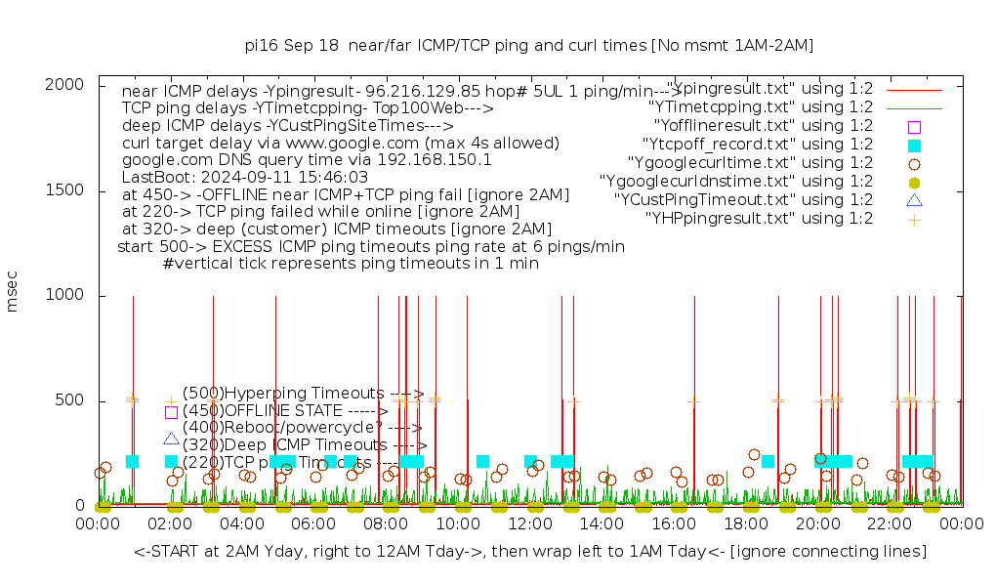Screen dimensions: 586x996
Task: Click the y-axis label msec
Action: [x=13, y=291]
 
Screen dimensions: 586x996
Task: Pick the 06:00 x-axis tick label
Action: [x=314, y=524]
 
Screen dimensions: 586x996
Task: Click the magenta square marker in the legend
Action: [x=914, y=126]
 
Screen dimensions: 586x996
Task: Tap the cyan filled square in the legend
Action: [x=914, y=145]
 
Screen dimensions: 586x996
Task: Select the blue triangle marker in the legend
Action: [x=914, y=200]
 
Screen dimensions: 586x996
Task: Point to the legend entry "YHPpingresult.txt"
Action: [x=760, y=219]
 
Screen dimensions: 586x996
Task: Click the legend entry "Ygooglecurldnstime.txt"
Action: [x=736, y=182]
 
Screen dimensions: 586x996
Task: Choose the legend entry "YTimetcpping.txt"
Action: [x=761, y=107]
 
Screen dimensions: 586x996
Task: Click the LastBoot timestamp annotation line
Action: [x=245, y=177]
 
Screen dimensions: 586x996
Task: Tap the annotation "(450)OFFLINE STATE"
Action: [x=277, y=410]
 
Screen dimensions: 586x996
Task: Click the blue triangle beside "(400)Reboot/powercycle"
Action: [x=171, y=439]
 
